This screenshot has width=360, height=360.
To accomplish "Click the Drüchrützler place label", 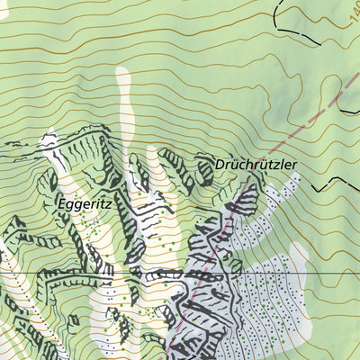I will [x=256, y=166].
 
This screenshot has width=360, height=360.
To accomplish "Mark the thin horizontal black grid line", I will [x=90, y=273].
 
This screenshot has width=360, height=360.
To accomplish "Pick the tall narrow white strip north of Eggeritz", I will [x=123, y=99].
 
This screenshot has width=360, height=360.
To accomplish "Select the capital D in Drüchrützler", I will [x=220, y=166].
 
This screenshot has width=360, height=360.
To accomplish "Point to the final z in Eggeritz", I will [x=107, y=204].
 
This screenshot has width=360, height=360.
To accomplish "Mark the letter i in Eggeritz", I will [x=96, y=204].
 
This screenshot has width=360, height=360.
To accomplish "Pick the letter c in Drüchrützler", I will [x=245, y=166].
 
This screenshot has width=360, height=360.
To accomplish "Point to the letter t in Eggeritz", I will [x=102, y=204].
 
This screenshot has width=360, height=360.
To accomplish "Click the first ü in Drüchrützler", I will [x=237, y=166].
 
